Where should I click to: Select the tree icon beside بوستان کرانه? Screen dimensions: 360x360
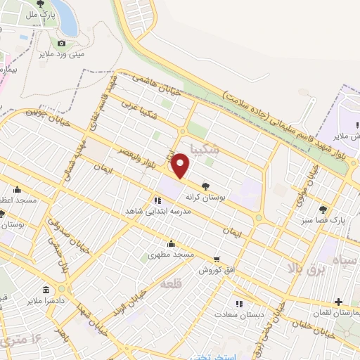click(x=205, y=187)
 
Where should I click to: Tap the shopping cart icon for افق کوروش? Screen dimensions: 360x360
click(x=216, y=259)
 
